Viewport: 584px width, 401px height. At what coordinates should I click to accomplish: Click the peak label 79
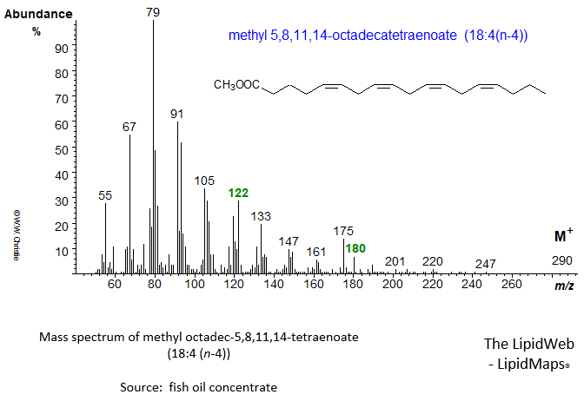point(153,12)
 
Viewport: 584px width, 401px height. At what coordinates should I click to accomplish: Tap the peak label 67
point(129,127)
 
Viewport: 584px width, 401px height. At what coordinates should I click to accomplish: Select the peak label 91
point(177,114)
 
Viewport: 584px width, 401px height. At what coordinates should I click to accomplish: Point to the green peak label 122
point(238,193)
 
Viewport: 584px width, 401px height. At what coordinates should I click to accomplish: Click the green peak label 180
point(355,248)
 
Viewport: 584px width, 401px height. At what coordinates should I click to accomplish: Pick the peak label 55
point(105,196)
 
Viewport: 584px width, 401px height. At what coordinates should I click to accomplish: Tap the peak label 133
point(261,215)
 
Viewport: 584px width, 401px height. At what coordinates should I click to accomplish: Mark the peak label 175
point(343,231)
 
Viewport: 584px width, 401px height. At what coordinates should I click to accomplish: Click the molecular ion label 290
point(562,261)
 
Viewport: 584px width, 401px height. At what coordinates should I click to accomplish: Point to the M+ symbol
point(563,236)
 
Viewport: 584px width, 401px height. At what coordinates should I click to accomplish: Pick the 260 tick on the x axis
point(512,285)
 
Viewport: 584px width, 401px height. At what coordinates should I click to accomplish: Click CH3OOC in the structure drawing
point(236,85)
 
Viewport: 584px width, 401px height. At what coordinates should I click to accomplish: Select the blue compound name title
point(378,36)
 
